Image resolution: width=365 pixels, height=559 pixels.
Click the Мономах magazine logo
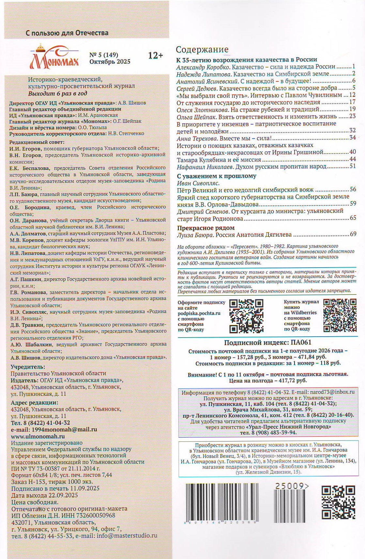coord(54,58)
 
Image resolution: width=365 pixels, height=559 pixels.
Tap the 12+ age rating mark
coord(155,56)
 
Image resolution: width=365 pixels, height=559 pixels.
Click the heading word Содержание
coord(202,49)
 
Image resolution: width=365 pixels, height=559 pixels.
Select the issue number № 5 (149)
coord(104,55)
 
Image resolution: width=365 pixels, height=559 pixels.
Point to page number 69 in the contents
coord(353,234)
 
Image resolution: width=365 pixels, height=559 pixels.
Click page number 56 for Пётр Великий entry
coord(353,189)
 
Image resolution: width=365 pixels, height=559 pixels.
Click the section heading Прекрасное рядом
coord(206,228)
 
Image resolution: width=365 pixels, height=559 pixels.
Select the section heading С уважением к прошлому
coord(217,176)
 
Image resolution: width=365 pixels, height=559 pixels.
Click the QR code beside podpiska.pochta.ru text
coord(246,316)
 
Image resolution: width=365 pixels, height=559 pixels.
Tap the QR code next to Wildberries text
coord(340,315)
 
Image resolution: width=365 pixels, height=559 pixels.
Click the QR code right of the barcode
coord(338,502)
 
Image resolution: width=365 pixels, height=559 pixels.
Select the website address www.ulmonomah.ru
coord(38,436)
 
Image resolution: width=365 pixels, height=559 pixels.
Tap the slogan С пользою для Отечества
coord(67,33)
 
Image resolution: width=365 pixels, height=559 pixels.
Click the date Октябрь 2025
coord(110,62)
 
